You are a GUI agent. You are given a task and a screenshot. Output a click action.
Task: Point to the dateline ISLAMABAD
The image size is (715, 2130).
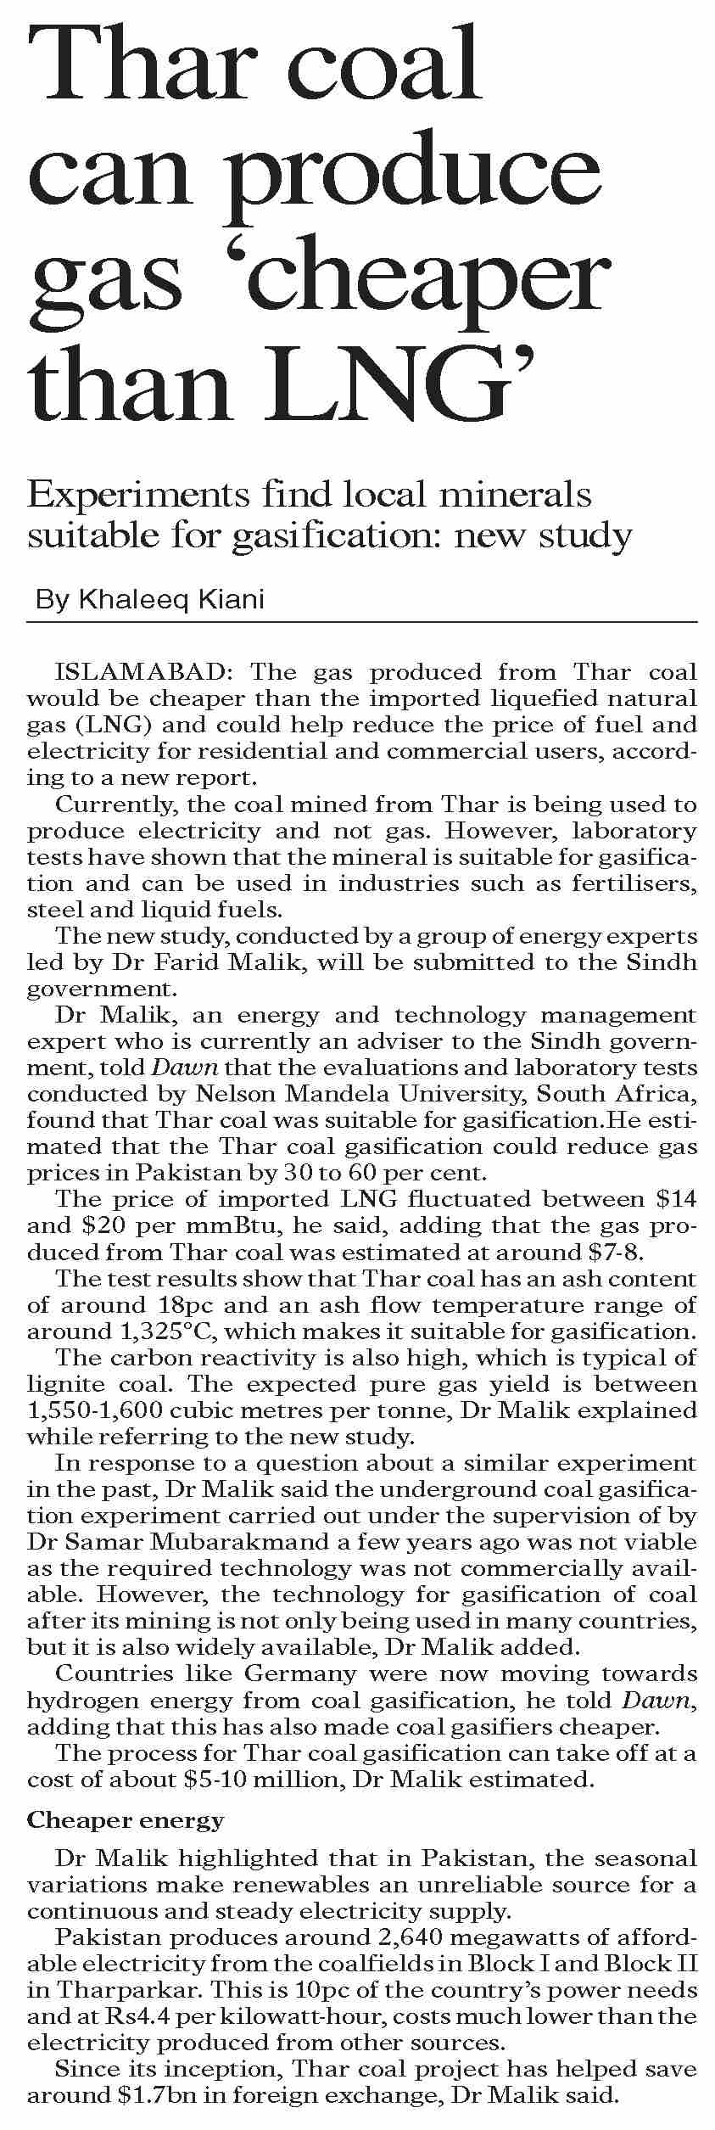pyautogui.click(x=140, y=673)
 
